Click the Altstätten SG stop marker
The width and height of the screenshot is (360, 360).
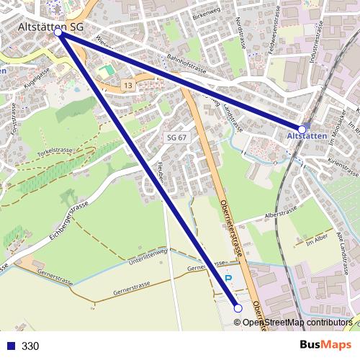point(58,32)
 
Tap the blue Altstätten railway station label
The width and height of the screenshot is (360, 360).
point(307,135)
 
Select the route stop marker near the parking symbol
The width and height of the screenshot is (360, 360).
point(238,308)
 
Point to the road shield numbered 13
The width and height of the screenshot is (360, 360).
point(127,86)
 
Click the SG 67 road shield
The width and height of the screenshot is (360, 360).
point(176,137)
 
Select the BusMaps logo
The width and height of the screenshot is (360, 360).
point(325,345)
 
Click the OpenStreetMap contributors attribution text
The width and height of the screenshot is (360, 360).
point(297,323)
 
